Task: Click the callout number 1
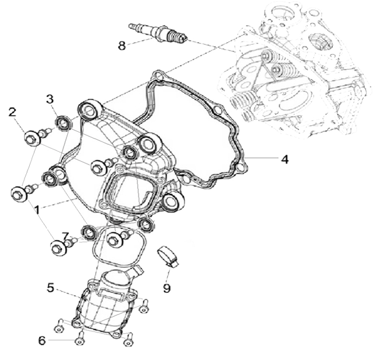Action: pos(37,209)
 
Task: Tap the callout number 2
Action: pos(12,112)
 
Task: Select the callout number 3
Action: pos(51,99)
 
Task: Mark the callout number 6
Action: pos(42,340)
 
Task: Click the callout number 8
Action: pos(122,45)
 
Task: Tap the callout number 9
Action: pos(167,286)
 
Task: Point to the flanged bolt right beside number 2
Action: pos(32,139)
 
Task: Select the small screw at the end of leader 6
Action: pos(79,340)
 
